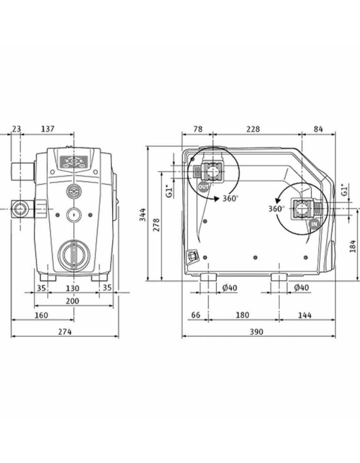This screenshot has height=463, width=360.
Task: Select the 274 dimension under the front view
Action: coord(64,332)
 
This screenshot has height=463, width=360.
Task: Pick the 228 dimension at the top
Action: coord(252,129)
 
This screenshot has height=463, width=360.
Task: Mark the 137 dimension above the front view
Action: coord(47,129)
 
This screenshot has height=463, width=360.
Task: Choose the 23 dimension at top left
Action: coord(16,129)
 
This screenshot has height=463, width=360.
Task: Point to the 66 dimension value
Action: coord(195,315)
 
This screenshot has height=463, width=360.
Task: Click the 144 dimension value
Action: coord(304,315)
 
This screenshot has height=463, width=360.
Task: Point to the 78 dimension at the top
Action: coord(196,129)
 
